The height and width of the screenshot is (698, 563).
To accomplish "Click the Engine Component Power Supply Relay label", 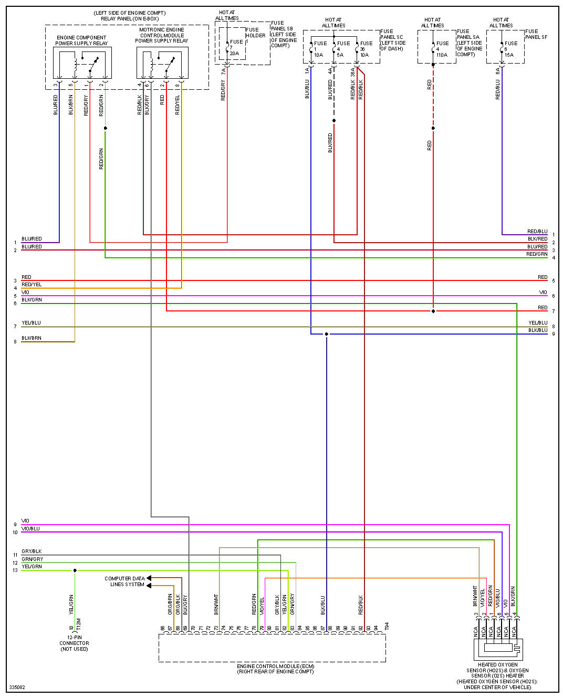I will coord(81,40).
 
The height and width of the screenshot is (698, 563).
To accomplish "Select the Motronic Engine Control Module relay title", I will coord(162,35).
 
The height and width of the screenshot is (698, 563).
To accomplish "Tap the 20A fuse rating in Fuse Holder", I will coord(234,54).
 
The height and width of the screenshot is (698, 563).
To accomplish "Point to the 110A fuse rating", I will coord(442,55).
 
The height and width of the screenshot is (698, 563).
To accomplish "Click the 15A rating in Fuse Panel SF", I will coord(509,55).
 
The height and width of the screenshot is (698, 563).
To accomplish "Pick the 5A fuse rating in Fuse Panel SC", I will coord(340,55).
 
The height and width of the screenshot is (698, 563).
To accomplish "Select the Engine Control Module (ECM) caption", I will coord(275,669).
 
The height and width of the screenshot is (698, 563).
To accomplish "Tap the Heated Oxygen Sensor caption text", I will coord(497,676).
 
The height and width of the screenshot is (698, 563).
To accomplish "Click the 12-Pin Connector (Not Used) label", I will coord(74,643).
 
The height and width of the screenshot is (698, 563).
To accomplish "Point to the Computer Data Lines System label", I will coord(124,581).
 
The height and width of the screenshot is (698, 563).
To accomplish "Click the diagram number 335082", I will coord(17,687).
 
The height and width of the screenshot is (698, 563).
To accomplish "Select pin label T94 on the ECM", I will coord(387,627).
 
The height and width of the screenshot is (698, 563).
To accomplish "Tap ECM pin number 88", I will coord(330,628).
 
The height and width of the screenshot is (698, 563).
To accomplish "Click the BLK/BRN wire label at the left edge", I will coord(32,338).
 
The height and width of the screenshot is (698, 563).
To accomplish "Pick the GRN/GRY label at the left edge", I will coord(33,559).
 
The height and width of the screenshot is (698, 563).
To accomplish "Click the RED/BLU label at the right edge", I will coord(537,232).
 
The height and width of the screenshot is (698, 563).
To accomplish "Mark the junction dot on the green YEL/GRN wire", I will coord(75,570).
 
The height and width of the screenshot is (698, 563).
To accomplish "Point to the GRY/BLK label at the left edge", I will coord(32,551).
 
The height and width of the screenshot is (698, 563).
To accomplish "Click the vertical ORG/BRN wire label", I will coord(170,605).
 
